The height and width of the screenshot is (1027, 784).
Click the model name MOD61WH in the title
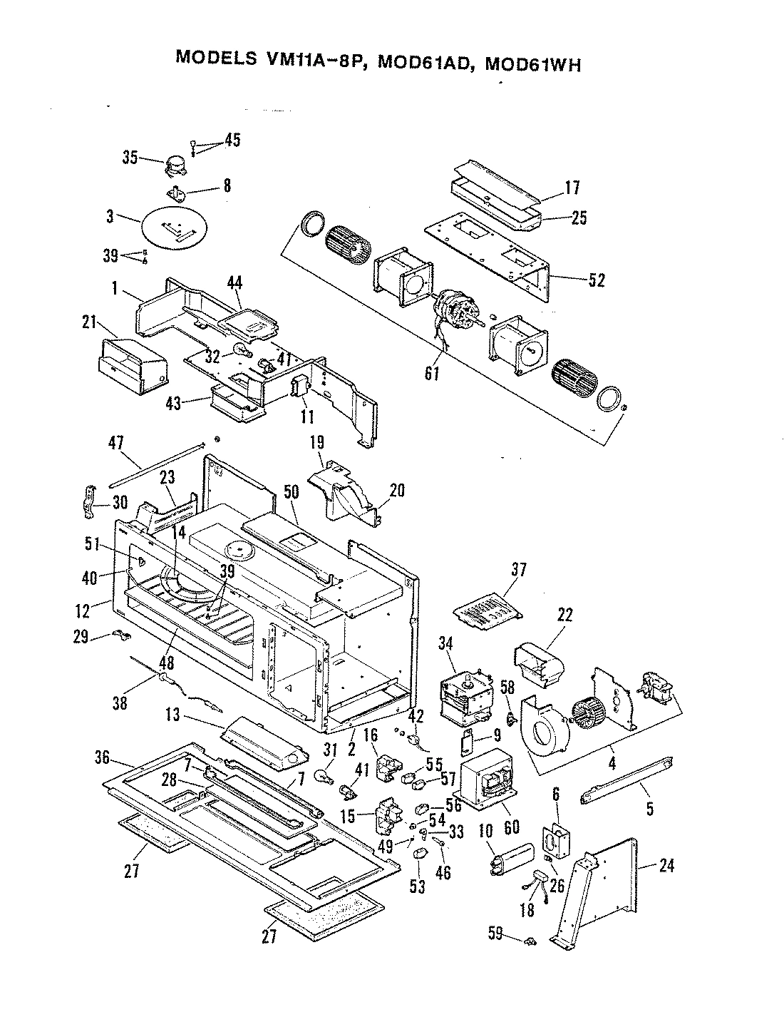(532, 63)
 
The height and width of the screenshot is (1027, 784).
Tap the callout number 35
(130, 158)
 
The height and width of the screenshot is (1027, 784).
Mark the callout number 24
(666, 866)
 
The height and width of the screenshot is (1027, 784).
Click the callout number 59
(497, 932)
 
